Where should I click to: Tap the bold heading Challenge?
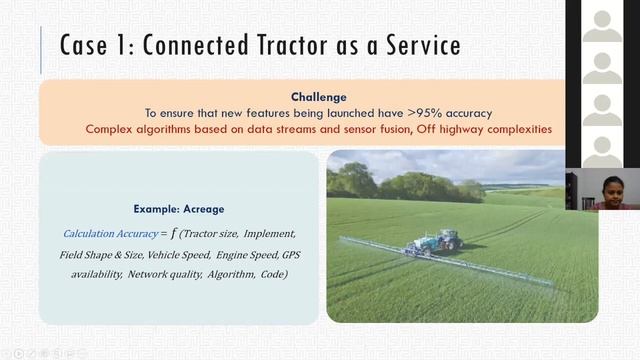[x=318, y=97]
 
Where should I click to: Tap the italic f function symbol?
[x=173, y=232]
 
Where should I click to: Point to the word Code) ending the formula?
[x=272, y=273]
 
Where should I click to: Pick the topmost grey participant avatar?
[x=602, y=21]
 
